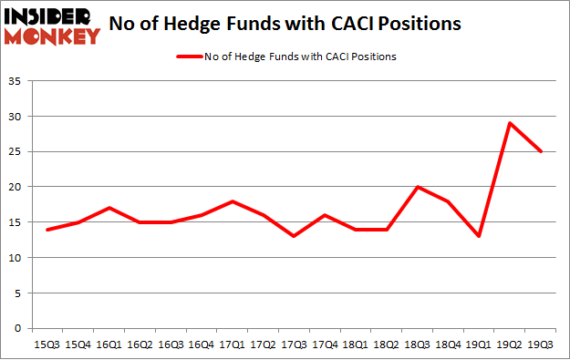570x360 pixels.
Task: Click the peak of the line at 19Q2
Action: (x=510, y=123)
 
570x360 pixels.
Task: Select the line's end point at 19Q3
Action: (x=542, y=151)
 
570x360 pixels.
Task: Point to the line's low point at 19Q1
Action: (x=479, y=236)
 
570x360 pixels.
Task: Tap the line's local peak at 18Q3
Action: (x=416, y=187)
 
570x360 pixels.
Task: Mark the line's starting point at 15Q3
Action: (x=47, y=230)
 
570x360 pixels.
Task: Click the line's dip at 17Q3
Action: (x=293, y=236)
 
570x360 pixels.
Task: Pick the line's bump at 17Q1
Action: (x=232, y=201)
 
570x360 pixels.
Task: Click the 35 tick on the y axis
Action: (x=15, y=81)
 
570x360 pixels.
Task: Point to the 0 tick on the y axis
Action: (x=18, y=328)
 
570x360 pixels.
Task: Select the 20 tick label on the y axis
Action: (x=15, y=187)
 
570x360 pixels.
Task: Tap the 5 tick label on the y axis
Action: (x=18, y=293)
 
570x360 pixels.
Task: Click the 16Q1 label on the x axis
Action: (x=109, y=345)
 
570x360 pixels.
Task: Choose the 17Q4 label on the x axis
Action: (x=324, y=345)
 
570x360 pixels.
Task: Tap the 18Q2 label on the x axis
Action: (x=386, y=345)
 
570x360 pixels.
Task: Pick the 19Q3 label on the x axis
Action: (x=542, y=345)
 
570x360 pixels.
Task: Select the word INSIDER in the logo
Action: (x=50, y=16)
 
